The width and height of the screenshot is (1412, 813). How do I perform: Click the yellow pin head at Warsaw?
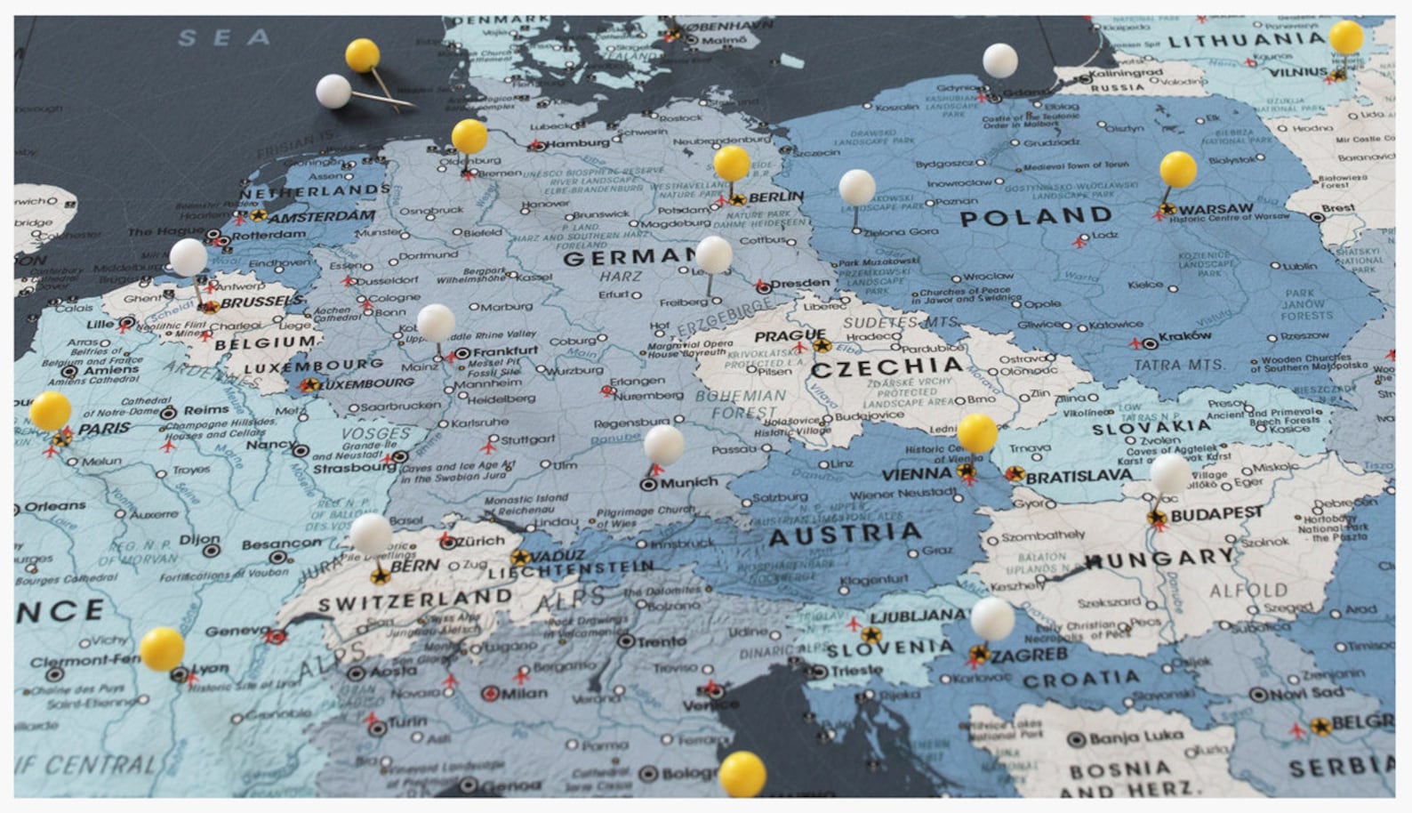click(x=1177, y=169)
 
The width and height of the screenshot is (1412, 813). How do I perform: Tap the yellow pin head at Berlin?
click(x=731, y=163)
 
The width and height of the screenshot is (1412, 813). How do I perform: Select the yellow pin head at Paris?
click(x=50, y=410)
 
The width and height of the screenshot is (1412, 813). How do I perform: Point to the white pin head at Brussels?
click(x=188, y=257)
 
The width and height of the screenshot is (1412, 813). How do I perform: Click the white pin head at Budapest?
click(x=1170, y=473)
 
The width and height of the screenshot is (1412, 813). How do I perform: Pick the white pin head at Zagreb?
click(x=992, y=617)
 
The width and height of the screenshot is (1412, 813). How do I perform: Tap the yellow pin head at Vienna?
click(x=977, y=432)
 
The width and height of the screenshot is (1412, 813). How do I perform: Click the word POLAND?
click(x=1035, y=216)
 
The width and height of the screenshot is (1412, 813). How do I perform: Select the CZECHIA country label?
click(x=887, y=367)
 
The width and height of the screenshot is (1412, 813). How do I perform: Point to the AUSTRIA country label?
click(x=844, y=535)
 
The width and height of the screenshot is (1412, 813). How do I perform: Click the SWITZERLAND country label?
click(x=414, y=600)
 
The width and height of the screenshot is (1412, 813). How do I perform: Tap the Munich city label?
click(x=689, y=482)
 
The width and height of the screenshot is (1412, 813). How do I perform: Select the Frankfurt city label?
click(x=505, y=351)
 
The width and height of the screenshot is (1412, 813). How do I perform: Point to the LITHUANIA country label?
click(x=1246, y=40)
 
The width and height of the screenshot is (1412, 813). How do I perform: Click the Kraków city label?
click(x=1184, y=336)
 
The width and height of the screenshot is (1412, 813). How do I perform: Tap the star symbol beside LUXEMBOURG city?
click(x=308, y=385)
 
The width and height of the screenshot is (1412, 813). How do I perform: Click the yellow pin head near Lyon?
click(x=162, y=648)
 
